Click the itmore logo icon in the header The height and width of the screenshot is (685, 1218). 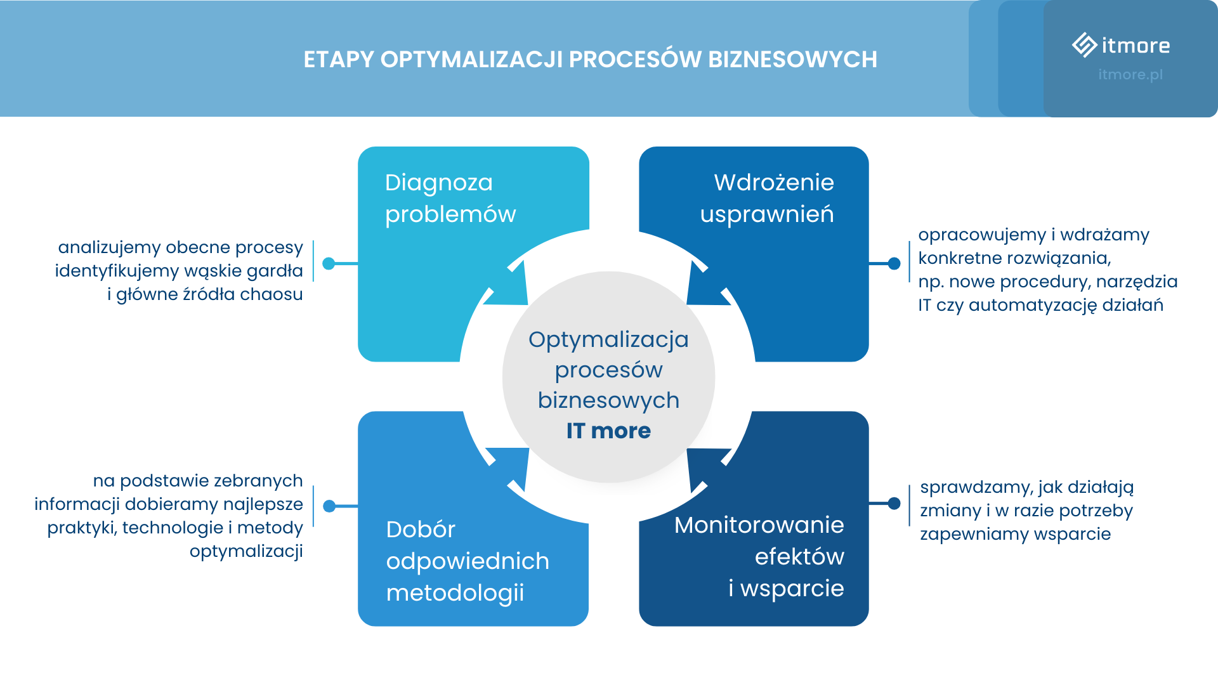(1084, 45)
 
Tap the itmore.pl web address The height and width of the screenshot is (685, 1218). (1130, 74)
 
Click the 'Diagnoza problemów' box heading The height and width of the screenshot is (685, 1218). (450, 198)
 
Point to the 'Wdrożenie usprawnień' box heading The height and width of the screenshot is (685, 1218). (767, 198)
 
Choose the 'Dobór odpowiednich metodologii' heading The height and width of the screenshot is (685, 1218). (467, 561)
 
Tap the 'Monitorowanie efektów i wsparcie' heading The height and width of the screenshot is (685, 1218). (759, 556)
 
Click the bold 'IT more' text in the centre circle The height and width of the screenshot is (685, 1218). (608, 431)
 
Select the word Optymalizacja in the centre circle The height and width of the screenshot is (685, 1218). (608, 339)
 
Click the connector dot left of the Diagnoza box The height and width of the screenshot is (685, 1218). (329, 263)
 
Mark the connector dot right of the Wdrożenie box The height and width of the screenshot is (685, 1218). (894, 263)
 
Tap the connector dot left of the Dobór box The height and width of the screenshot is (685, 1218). (329, 506)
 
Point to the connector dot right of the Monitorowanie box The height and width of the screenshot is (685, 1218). (894, 504)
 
